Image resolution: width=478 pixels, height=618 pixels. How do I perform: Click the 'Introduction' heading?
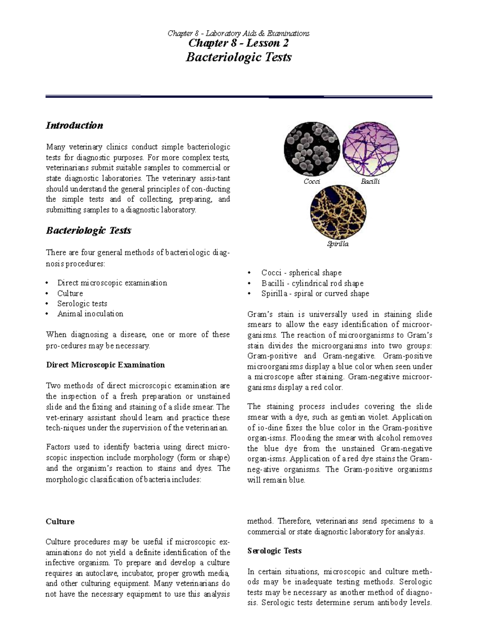click(x=74, y=125)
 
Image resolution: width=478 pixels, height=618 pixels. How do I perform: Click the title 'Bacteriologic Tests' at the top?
click(x=239, y=57)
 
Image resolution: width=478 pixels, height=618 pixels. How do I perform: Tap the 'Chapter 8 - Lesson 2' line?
click(x=239, y=43)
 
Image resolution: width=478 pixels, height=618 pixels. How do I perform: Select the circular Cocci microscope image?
click(x=311, y=148)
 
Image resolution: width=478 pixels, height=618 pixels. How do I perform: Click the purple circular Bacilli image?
click(x=371, y=148)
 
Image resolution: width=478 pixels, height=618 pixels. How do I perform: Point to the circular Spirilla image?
click(x=338, y=211)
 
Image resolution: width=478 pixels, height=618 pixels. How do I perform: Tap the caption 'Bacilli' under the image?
click(x=370, y=181)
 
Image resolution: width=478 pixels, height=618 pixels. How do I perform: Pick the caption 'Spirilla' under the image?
click(x=338, y=244)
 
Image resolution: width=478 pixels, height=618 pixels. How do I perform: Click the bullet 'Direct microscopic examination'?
click(x=112, y=283)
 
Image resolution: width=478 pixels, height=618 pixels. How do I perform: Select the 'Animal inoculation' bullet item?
click(x=90, y=314)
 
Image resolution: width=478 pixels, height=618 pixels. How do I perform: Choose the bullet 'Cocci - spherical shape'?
click(x=301, y=273)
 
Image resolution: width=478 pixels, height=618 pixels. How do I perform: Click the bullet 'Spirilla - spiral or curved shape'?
click(x=315, y=294)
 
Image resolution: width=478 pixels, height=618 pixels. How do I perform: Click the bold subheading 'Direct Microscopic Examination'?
click(x=105, y=365)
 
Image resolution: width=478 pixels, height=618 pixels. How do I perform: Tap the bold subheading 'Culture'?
click(x=60, y=521)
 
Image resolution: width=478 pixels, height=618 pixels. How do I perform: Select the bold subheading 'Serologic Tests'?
click(x=274, y=551)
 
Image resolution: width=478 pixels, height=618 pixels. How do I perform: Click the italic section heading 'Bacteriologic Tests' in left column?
click(x=88, y=231)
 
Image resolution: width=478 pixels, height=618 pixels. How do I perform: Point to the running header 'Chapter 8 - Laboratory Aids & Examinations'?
click(x=238, y=33)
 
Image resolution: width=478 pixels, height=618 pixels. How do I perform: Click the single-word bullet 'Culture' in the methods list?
click(x=70, y=293)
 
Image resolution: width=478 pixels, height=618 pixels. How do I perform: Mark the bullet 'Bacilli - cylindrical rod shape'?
click(x=312, y=283)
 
